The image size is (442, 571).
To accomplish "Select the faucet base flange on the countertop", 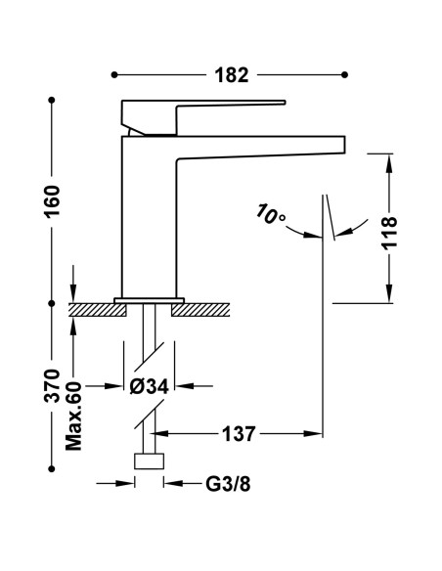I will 149,299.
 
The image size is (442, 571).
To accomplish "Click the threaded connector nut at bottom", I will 149,462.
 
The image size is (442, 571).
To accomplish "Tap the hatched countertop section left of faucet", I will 98,310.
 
